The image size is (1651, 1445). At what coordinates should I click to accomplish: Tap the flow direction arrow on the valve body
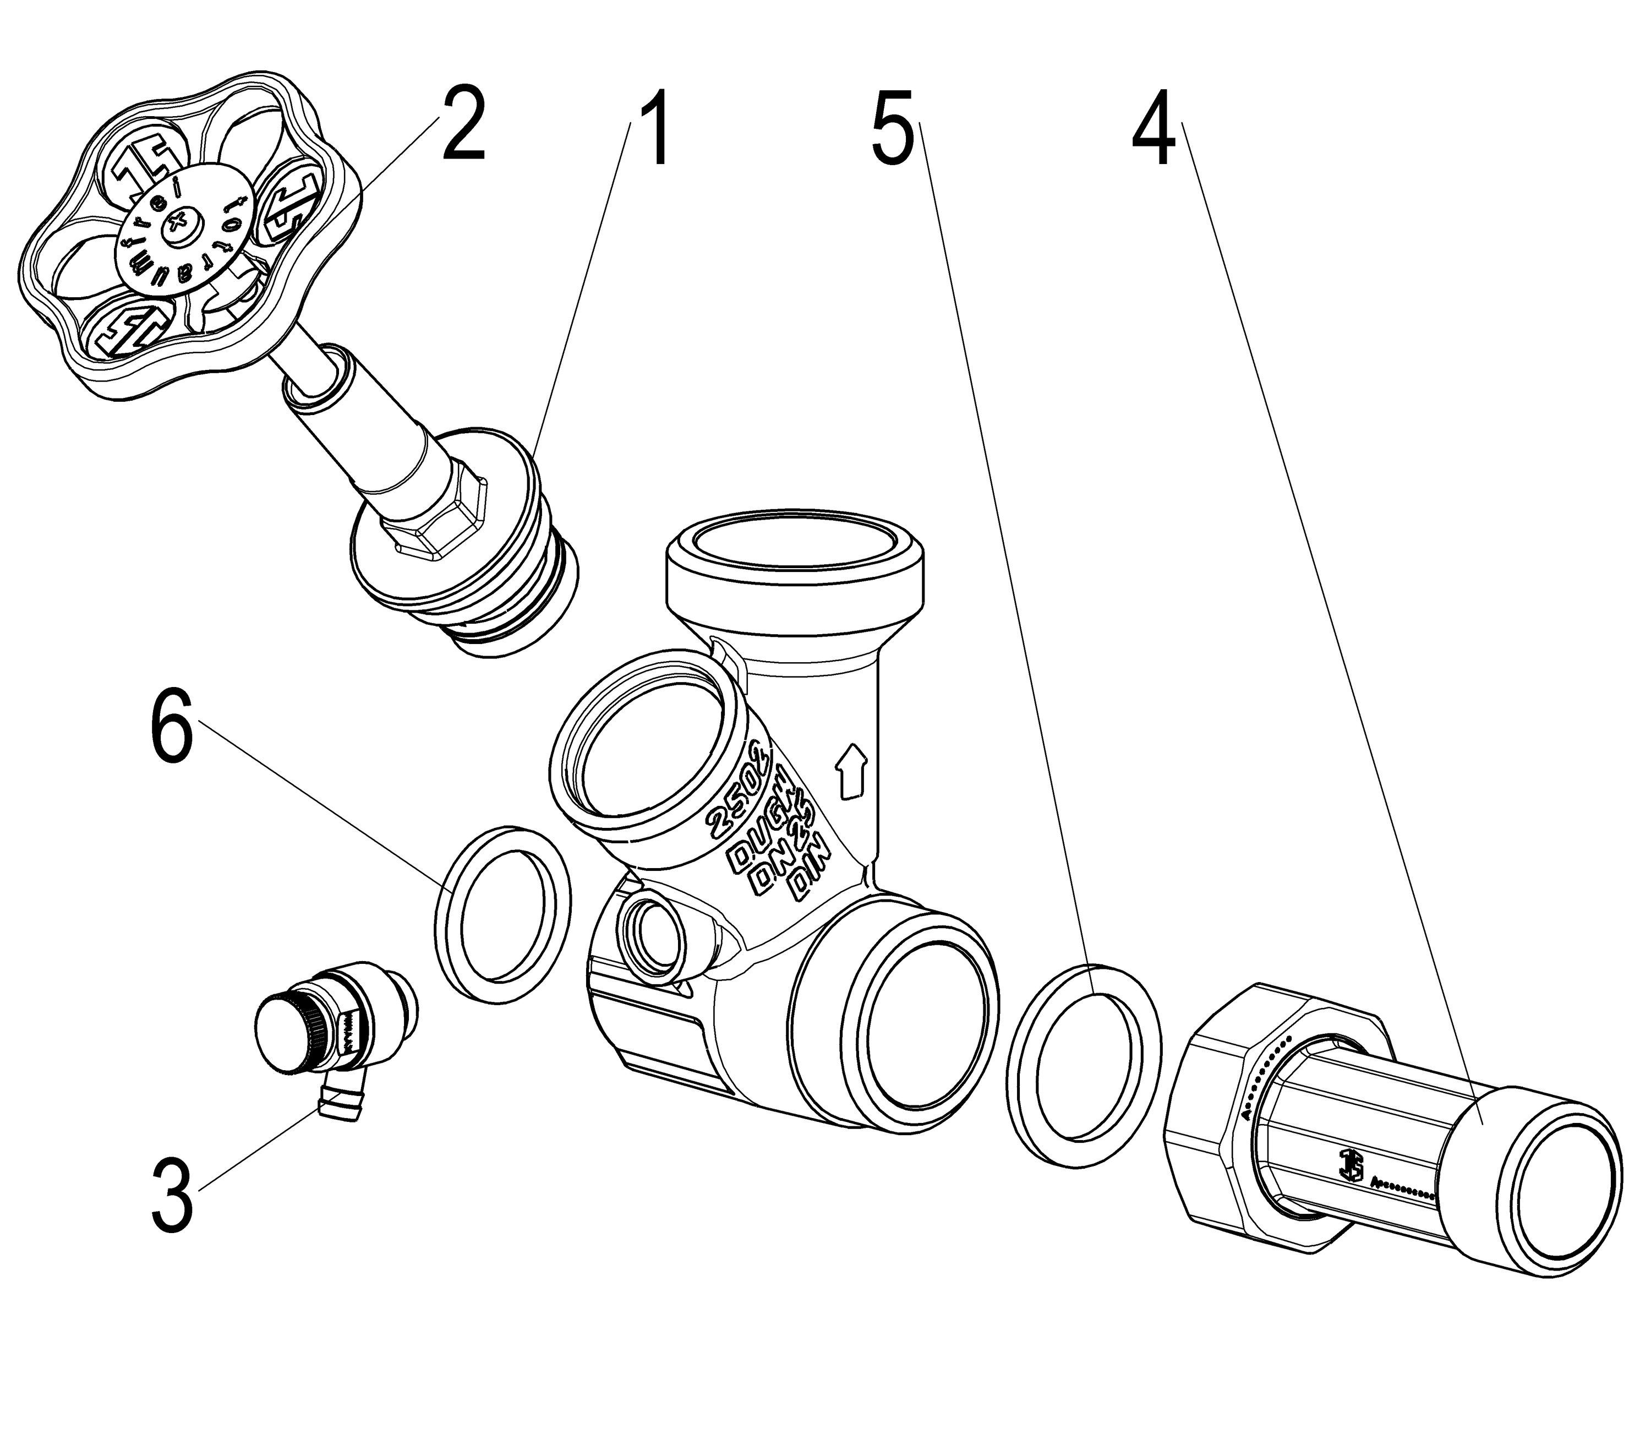point(852,770)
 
